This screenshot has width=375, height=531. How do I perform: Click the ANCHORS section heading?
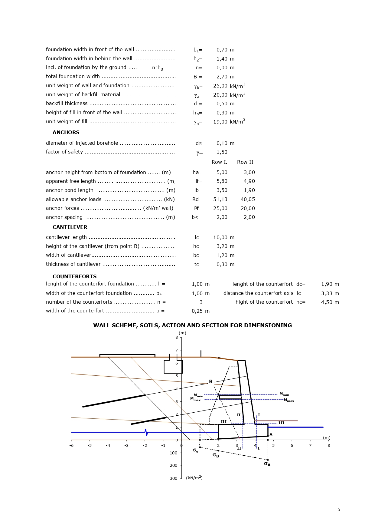pos(66,132)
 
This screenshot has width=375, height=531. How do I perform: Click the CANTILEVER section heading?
pos(70,227)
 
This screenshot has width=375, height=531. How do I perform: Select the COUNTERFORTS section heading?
pos(74,276)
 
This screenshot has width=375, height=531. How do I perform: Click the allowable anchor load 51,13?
pos(220,199)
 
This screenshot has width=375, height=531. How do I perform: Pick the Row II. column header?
pos(246,162)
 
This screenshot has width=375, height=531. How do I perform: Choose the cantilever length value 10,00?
pos(220,237)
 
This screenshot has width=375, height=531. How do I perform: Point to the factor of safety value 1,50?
pos(222,152)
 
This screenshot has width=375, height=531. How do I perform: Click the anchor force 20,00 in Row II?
pos(248,208)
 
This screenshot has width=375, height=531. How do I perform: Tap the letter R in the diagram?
pos(211,381)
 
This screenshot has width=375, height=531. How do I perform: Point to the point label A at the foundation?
pos(271,435)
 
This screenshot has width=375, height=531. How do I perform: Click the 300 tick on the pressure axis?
pos(174,478)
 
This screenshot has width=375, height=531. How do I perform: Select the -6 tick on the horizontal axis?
pos(71,445)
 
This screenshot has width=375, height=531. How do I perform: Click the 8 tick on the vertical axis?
pos(177,337)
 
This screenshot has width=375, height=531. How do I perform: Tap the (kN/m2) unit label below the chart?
pos(194,478)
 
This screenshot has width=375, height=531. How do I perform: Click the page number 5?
pos(339,510)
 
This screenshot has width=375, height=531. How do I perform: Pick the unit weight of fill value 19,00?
pos(220,122)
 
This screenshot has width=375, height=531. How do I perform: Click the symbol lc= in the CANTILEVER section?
pos(198,237)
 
